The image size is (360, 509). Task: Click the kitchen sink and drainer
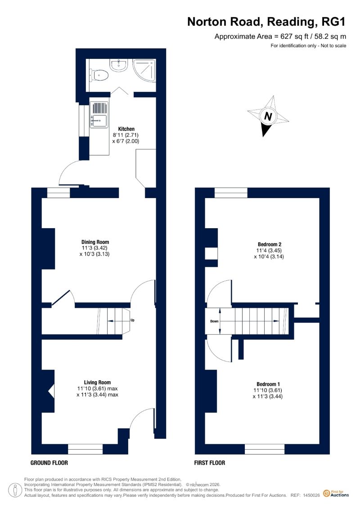pos(99,114)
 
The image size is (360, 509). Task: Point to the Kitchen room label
pos(126,129)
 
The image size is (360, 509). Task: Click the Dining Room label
pos(95,242)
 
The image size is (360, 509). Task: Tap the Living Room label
pos(97,383)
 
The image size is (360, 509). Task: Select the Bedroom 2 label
pos(270,244)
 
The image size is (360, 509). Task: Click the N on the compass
pos(268,116)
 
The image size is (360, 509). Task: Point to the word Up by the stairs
pos(132,320)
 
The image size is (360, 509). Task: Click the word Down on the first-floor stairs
pos(214,321)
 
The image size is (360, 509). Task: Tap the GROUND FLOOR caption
pos(49,463)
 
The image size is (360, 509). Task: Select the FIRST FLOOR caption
pos(209,463)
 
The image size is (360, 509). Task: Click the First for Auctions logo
pos(336,494)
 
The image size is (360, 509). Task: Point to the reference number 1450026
pos(311,495)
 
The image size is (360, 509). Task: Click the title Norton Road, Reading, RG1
pos(266,22)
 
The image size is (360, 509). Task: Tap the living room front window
pos(85,449)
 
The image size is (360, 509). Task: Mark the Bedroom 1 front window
pos(265,449)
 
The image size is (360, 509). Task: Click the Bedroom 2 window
pos(231,193)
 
